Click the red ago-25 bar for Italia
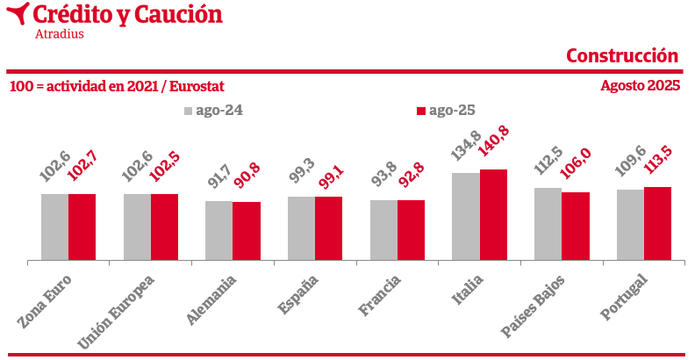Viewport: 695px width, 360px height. [493, 214]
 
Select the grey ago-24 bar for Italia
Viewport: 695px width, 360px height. [465, 216]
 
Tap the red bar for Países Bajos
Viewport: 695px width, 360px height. [575, 226]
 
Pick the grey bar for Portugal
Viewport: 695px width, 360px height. [630, 224]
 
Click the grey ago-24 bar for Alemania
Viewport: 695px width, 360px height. [219, 230]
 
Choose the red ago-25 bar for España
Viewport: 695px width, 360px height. [328, 228]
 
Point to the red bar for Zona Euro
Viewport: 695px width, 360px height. [82, 227]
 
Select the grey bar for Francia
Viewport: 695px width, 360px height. [383, 230]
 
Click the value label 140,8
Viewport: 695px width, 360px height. [495, 146]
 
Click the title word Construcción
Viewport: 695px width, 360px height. [622, 55]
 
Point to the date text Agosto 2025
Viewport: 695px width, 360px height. [640, 86]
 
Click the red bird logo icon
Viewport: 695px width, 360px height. [16, 15]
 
